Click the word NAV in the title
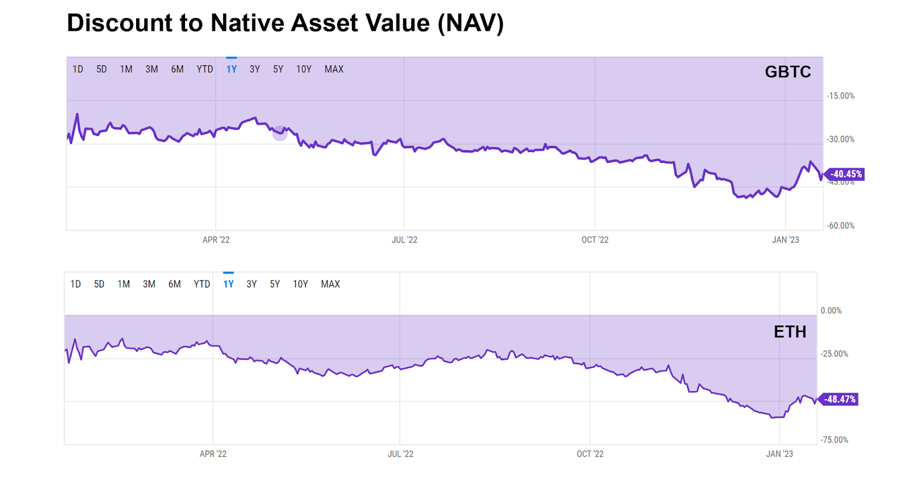coord(470,23)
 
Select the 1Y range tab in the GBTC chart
coord(231,69)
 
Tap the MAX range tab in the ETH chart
coord(330,284)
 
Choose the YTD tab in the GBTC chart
coord(204,69)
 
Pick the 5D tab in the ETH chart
coord(99,284)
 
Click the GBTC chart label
coord(787,72)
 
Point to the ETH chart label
coord(790,332)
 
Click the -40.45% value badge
coord(846,174)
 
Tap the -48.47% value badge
coord(839,399)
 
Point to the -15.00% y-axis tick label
coord(840,96)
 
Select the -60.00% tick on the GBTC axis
coord(840,226)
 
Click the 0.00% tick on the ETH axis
coord(831,311)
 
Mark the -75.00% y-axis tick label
coord(834,440)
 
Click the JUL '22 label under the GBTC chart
coord(404,240)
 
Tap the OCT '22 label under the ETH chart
coord(590,454)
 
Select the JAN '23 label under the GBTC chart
coord(785,240)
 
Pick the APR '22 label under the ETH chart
coord(213,454)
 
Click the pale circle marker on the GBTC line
coord(280,133)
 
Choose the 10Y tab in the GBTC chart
coord(303,69)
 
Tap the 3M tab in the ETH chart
coord(149,284)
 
